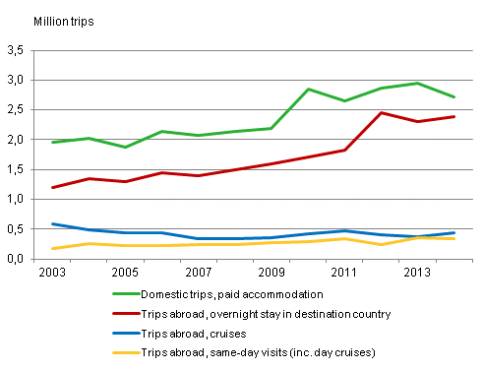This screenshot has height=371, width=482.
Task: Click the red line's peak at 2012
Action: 380,113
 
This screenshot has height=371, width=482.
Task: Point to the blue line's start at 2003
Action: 53,224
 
